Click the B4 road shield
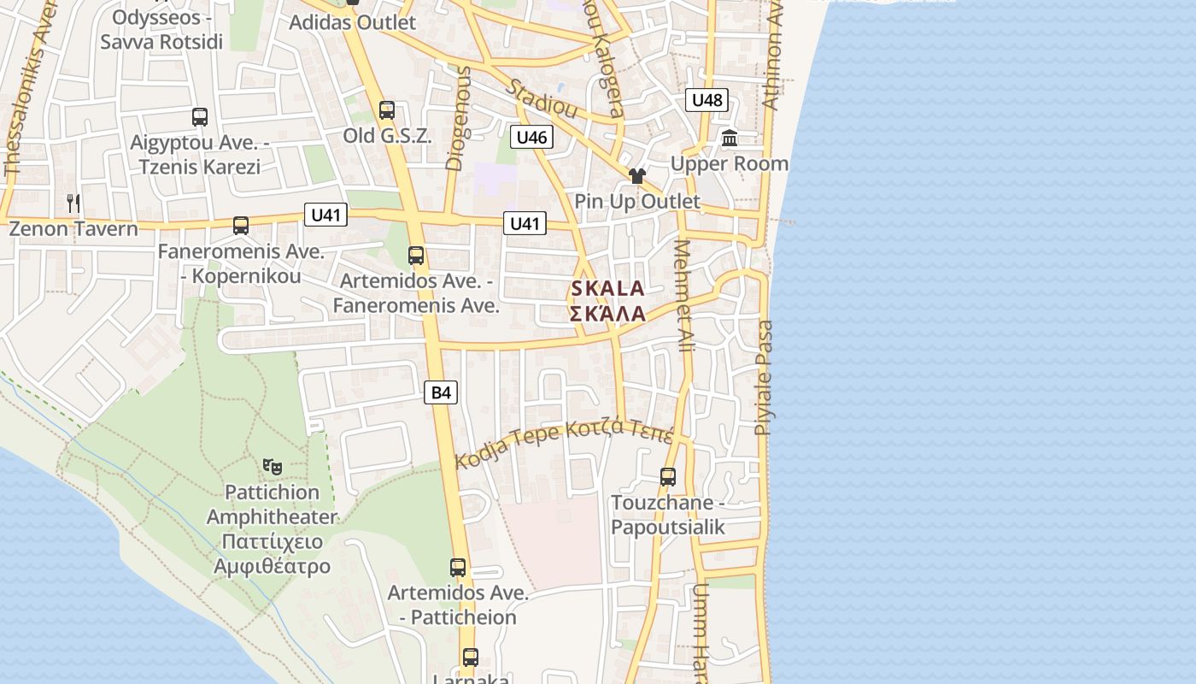click(441, 392)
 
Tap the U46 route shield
click(531, 137)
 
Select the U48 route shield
click(706, 100)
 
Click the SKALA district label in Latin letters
click(607, 289)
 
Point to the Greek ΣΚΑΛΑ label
click(607, 314)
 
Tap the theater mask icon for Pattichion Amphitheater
click(273, 467)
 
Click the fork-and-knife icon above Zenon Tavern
click(73, 203)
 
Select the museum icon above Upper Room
click(730, 138)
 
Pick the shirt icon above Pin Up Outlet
click(637, 176)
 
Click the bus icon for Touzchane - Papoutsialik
click(668, 477)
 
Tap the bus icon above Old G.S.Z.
click(387, 110)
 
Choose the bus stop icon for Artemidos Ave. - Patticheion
click(458, 568)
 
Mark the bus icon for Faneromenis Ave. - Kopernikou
click(241, 226)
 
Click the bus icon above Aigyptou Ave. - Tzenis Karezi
click(200, 117)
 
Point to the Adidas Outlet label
click(352, 22)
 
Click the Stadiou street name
click(542, 99)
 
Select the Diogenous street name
click(458, 119)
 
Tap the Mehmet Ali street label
click(684, 296)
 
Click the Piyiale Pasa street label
click(764, 377)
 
